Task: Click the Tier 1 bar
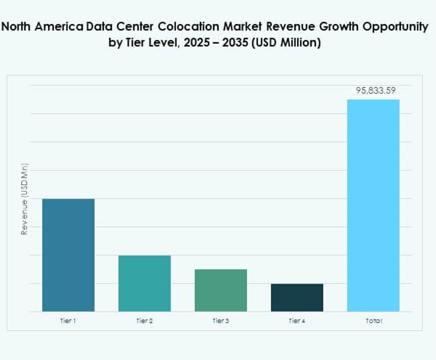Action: point(68,255)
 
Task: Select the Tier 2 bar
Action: point(145,283)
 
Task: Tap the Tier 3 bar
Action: point(220,290)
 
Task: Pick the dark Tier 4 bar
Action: point(297,297)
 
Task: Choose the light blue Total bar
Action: point(373,206)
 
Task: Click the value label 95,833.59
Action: point(376,91)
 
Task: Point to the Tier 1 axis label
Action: point(68,320)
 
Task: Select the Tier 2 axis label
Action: point(145,320)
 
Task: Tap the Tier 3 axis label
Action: point(220,320)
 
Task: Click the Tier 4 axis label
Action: point(297,320)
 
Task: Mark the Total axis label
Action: point(373,320)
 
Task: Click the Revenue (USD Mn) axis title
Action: point(24,200)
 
